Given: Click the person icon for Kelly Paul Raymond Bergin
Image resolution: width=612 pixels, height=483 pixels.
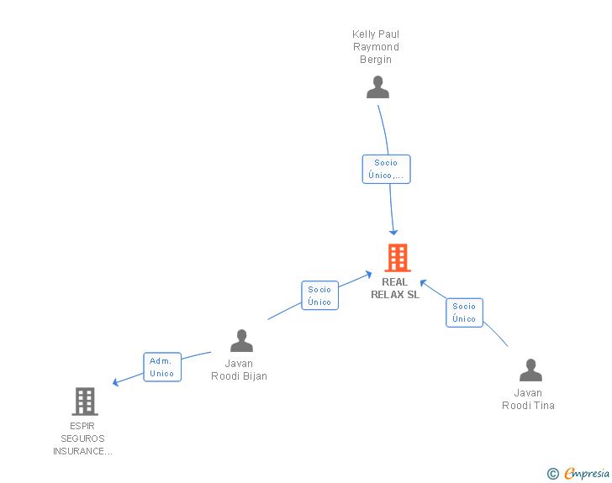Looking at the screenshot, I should [x=377, y=87].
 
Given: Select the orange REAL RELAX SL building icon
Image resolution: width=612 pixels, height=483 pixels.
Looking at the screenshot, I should [x=397, y=257].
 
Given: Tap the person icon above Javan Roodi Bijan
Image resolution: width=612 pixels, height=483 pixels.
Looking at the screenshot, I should [x=241, y=340].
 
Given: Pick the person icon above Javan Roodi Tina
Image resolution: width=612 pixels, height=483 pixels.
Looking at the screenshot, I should [x=530, y=370].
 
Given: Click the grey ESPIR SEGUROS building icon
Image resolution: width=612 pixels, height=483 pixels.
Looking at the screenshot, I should [x=84, y=402].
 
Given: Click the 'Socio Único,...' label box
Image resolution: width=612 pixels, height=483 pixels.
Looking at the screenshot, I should [x=386, y=169].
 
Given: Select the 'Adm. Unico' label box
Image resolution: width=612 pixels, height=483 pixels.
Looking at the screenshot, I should [x=161, y=367].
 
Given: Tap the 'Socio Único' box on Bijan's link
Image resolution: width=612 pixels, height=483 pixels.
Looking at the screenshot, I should [x=319, y=296].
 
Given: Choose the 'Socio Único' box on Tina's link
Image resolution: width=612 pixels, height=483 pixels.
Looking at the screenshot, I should [x=464, y=312].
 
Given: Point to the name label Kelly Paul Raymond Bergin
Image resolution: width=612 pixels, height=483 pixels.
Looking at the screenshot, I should [x=376, y=47].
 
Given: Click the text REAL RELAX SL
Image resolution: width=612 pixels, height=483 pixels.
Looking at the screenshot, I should [x=395, y=288].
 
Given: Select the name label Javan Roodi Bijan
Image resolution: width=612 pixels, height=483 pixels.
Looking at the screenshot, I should [x=239, y=370].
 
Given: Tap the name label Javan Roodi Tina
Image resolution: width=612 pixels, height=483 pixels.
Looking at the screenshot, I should [x=528, y=399].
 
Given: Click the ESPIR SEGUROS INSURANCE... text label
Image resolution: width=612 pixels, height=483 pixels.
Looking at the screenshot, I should [x=82, y=438].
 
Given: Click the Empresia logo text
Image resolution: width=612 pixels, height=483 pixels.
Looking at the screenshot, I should [x=586, y=474].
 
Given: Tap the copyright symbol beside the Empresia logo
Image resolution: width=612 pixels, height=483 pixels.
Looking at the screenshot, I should [x=552, y=474].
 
